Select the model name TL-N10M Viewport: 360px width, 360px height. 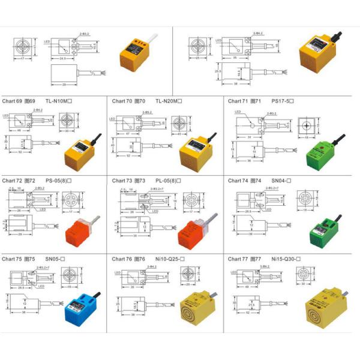(x=58, y=101)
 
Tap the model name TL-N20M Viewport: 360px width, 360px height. (x=169, y=101)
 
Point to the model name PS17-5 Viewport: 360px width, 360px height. (x=283, y=101)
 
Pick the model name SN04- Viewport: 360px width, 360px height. (x=281, y=180)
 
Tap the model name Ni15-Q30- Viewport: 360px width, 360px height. (x=288, y=259)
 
